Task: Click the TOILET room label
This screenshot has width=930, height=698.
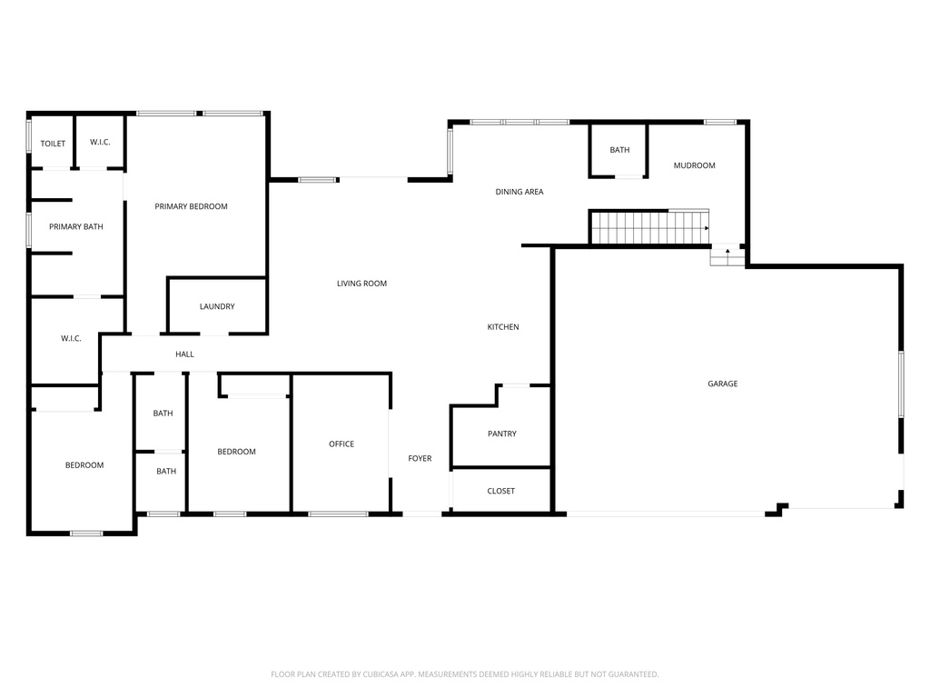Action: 53,144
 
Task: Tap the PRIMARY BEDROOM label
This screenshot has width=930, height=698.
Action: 191,206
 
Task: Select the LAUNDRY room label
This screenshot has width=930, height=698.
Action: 217,306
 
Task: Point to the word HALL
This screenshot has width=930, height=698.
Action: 184,354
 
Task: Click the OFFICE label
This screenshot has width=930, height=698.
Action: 341,444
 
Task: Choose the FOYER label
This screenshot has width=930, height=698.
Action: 420,458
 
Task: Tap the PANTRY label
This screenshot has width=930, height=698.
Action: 502,434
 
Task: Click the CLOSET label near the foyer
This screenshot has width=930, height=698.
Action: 501,491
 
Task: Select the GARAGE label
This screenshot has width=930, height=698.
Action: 723,384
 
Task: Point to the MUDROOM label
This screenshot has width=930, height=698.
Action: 695,165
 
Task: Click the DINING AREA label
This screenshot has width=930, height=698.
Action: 519,192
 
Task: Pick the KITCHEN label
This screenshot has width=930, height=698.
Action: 503,327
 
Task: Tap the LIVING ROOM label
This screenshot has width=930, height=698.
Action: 361,284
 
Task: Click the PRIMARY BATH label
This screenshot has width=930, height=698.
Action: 76,226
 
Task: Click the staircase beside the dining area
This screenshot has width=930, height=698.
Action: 650,226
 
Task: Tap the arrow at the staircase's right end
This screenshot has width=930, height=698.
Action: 707,228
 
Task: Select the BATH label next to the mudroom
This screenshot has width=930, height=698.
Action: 619,150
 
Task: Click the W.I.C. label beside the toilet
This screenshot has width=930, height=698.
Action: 100,143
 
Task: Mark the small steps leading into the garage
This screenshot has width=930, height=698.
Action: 727,255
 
